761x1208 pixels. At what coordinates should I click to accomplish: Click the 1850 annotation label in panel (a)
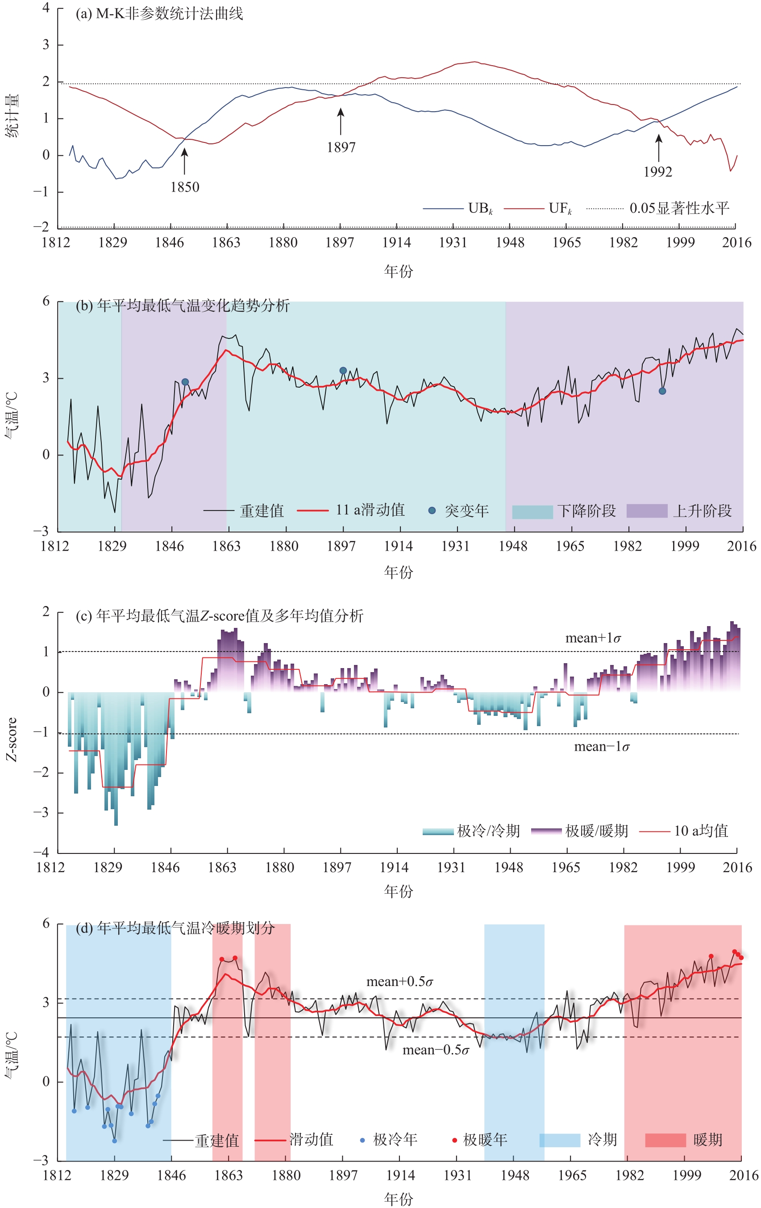[x=184, y=187]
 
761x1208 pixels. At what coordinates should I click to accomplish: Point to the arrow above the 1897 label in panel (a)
[x=341, y=121]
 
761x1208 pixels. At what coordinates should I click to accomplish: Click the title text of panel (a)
[x=159, y=13]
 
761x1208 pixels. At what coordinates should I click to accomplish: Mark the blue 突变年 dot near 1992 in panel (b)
[x=662, y=391]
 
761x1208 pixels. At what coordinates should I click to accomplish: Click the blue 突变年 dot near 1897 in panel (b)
[x=343, y=370]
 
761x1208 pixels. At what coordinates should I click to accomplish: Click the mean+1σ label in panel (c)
[x=593, y=638]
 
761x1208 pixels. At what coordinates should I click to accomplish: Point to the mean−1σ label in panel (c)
[x=602, y=747]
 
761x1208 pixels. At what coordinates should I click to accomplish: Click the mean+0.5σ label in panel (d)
[x=399, y=982]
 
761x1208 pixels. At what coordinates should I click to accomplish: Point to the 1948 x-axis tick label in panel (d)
[x=515, y=1175]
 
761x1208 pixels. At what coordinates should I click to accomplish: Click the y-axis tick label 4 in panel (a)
[x=46, y=8]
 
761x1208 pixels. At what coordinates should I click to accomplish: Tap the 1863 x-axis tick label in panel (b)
[x=227, y=546]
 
